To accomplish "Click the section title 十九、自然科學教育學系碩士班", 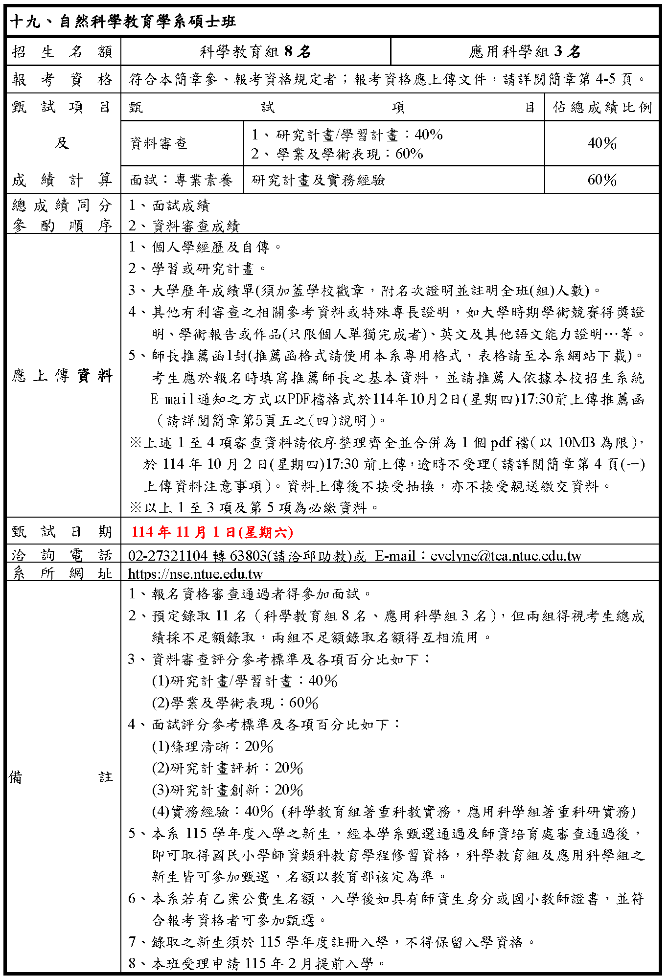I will pyautogui.click(x=123, y=22).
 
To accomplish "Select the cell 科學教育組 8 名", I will pyautogui.click(x=255, y=51).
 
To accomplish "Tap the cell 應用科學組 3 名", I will pyautogui.click(x=525, y=51).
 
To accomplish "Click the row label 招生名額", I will pyautogui.click(x=62, y=51).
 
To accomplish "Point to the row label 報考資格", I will pyautogui.click(x=62, y=79).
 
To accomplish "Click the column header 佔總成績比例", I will pyautogui.click(x=602, y=107).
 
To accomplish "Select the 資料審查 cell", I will pyautogui.click(x=159, y=143).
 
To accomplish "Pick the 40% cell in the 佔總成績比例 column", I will pyautogui.click(x=602, y=143).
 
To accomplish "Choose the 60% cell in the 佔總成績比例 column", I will pyautogui.click(x=602, y=180).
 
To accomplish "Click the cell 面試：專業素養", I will pyautogui.click(x=181, y=180).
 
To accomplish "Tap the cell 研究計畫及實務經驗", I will pyautogui.click(x=319, y=180).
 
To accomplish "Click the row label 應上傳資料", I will pyautogui.click(x=62, y=376).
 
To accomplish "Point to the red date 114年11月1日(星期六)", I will pyautogui.click(x=212, y=532).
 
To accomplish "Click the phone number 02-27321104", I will pyautogui.click(x=168, y=556).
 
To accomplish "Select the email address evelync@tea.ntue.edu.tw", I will pyautogui.click(x=506, y=556).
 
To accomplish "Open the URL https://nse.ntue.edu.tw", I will pyautogui.click(x=195, y=573).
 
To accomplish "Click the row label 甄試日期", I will pyautogui.click(x=62, y=532).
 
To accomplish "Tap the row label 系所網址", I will pyautogui.click(x=62, y=573).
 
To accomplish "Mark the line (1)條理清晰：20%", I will pyautogui.click(x=212, y=747).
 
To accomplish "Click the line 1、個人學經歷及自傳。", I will pyautogui.click(x=205, y=247).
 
